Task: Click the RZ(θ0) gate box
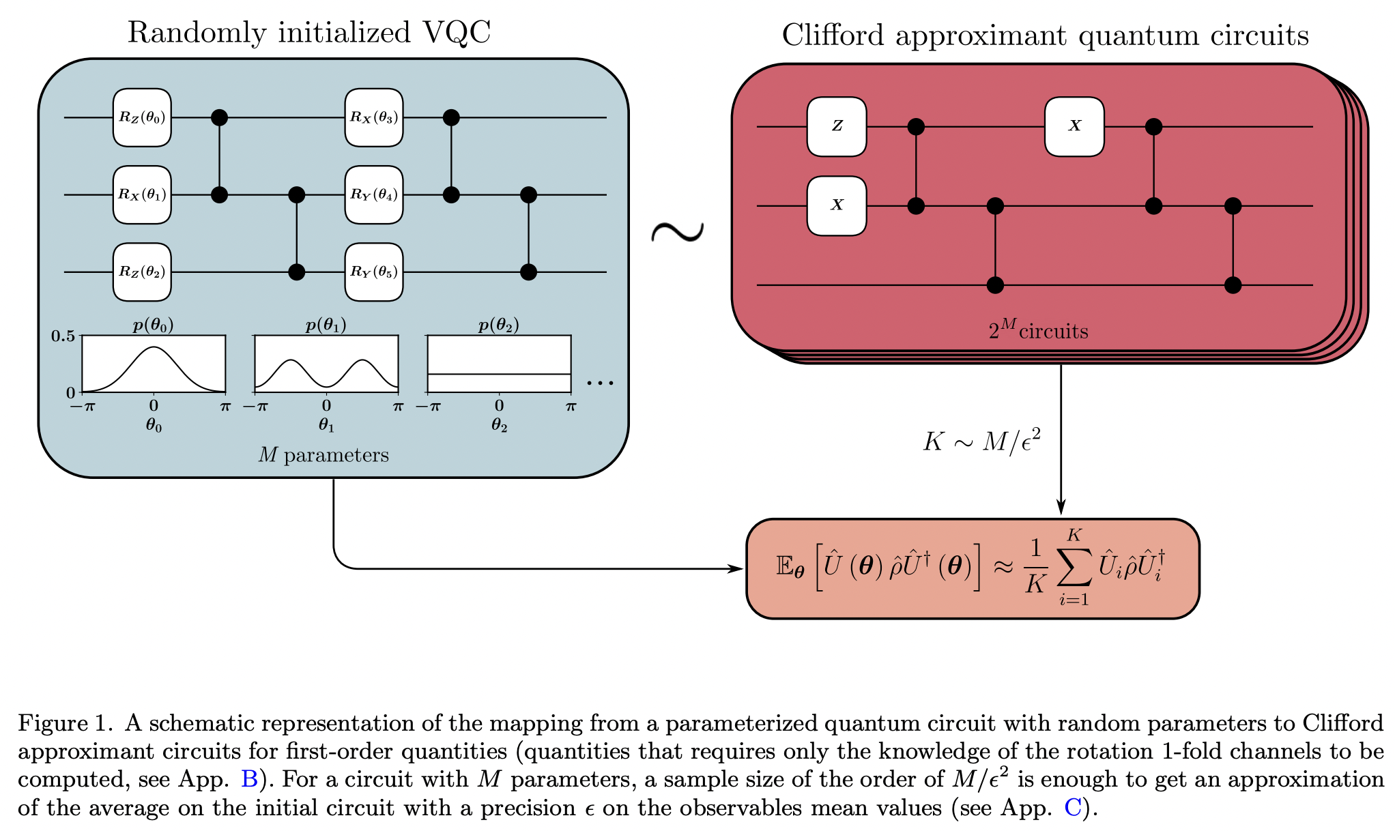[142, 117]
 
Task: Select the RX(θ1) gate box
[142, 194]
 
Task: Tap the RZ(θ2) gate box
[142, 272]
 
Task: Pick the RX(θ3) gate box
[373, 117]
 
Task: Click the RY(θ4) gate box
[373, 194]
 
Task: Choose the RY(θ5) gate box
[373, 272]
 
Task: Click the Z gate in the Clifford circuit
[837, 126]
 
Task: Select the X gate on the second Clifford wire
[837, 205]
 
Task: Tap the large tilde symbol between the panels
[677, 232]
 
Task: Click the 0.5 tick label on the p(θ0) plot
[63, 336]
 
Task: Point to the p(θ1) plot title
[326, 325]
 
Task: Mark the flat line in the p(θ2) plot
[499, 374]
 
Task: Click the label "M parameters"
[323, 455]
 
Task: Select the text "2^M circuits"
[1038, 331]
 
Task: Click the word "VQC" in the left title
[457, 32]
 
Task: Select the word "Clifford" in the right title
[833, 35]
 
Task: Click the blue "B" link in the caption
[250, 779]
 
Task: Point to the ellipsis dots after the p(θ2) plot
[601, 383]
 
